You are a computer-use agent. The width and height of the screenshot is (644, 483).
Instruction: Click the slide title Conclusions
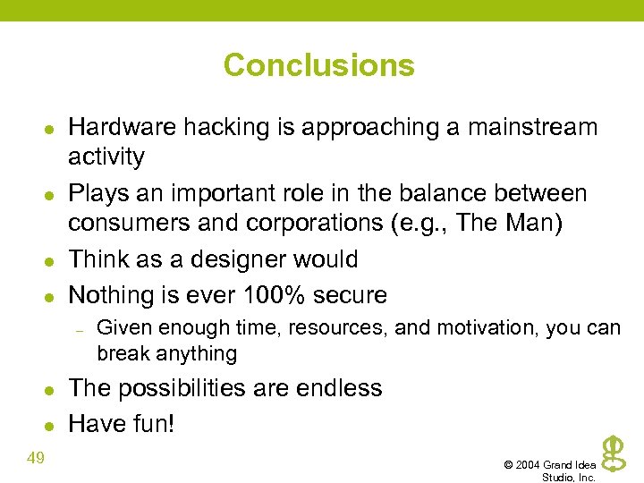point(319,65)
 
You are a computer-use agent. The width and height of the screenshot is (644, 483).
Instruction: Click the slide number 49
point(37,459)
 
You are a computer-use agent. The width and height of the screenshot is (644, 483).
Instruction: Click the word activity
point(106,157)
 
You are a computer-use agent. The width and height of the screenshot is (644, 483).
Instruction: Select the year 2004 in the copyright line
point(529,465)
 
